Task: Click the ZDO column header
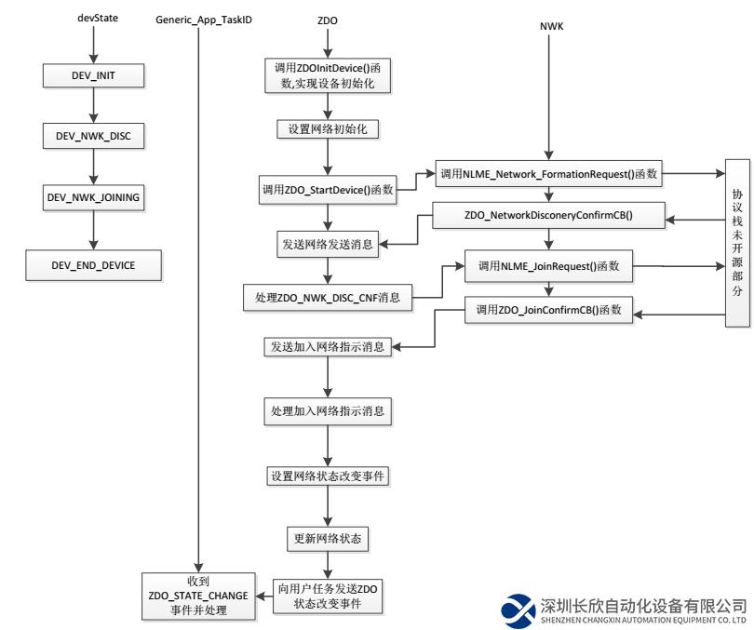click(328, 18)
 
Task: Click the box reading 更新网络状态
click(327, 539)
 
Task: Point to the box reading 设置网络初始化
click(327, 129)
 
